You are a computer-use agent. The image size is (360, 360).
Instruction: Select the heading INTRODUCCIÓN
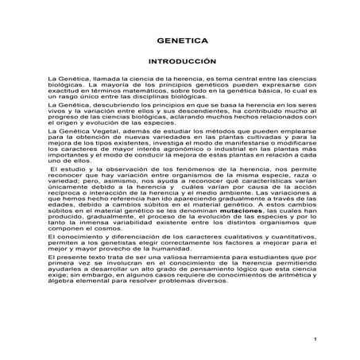(x=180, y=61)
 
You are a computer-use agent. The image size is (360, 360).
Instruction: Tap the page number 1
(x=315, y=340)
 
